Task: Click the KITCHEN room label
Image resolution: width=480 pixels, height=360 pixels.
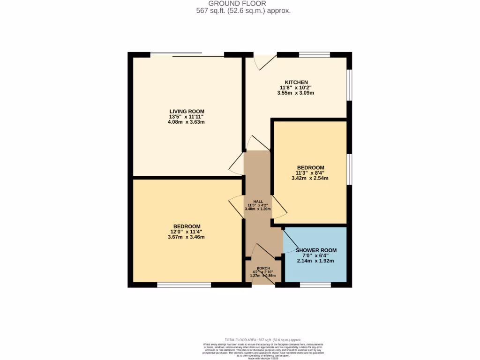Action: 296,82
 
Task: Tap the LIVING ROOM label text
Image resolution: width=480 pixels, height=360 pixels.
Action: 187,111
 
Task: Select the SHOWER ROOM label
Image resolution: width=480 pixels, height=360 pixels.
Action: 316,250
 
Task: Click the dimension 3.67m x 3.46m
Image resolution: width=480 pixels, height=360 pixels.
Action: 186,237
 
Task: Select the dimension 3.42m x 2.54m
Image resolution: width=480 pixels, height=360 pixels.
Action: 310,178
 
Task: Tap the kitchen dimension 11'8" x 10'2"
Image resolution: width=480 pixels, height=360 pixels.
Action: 295,87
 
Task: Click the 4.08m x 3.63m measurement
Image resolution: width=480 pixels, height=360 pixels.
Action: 187,122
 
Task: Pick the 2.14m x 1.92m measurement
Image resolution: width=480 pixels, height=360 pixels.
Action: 315,261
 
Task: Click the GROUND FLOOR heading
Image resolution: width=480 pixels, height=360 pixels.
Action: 244,4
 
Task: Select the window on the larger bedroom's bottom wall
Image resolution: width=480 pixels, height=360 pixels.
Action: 184,285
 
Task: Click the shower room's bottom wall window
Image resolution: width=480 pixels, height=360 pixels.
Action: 315,285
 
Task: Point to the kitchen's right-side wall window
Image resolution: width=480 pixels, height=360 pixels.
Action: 349,85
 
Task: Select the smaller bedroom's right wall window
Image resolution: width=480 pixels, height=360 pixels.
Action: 349,169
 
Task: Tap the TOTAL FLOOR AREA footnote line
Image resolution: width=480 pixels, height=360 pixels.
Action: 262,340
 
